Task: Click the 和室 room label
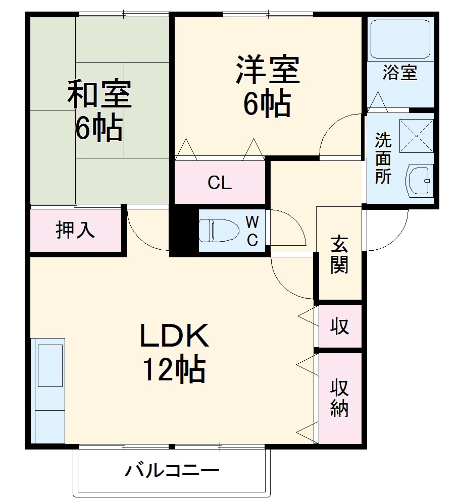click(x=99, y=95)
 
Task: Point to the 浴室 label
click(x=399, y=73)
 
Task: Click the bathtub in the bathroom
click(x=400, y=39)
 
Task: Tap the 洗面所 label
click(x=383, y=157)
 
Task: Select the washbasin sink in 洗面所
click(x=420, y=180)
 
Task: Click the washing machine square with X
click(x=416, y=136)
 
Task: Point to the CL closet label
click(x=220, y=183)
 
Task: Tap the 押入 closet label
click(x=75, y=231)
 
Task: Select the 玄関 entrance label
click(x=339, y=255)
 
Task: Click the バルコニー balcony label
click(x=172, y=471)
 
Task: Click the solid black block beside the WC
click(x=180, y=231)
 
